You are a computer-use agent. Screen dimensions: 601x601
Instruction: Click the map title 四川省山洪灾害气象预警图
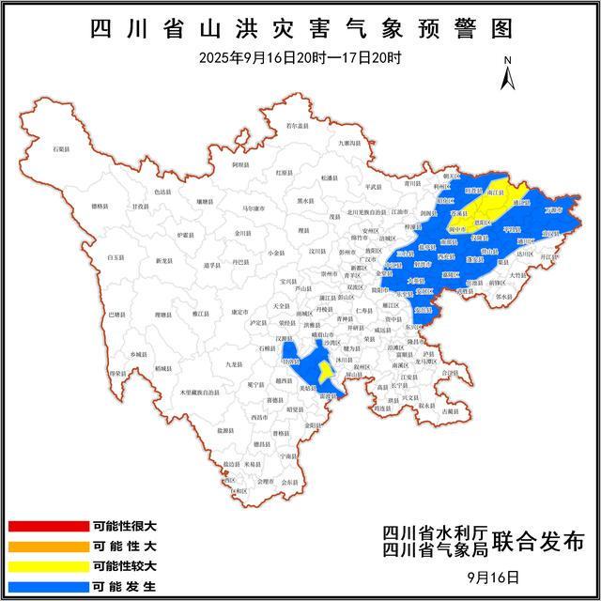(x=301, y=29)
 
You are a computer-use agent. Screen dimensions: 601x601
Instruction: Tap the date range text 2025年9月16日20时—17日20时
(x=300, y=57)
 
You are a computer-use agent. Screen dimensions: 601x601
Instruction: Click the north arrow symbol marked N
(x=507, y=74)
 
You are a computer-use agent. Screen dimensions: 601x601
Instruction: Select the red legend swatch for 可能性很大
(x=48, y=526)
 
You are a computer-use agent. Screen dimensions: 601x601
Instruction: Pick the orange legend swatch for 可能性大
(x=48, y=545)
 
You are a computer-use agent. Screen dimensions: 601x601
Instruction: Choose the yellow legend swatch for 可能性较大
(x=48, y=565)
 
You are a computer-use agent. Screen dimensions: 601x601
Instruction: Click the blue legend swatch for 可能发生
(x=48, y=585)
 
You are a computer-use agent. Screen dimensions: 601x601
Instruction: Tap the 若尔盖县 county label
(x=298, y=126)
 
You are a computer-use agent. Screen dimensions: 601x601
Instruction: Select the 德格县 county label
(x=102, y=205)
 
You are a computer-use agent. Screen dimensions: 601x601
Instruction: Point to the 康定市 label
(x=239, y=312)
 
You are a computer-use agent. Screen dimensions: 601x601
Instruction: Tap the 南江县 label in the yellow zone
(x=495, y=190)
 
